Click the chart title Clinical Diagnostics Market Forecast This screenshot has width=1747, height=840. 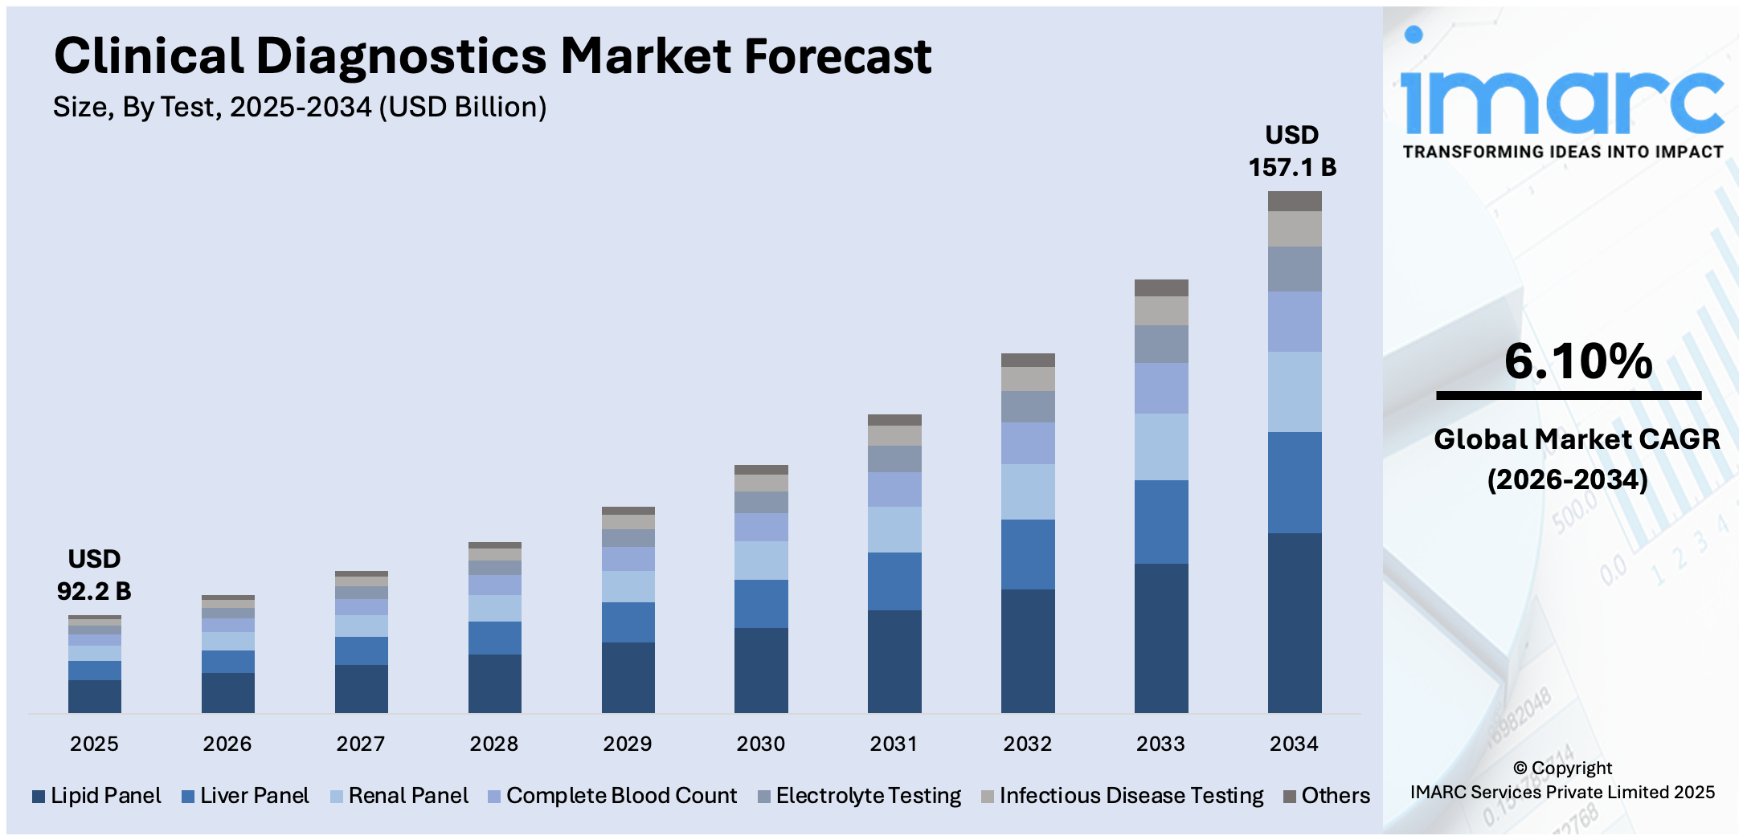point(492,56)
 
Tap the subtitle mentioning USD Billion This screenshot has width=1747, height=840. point(300,107)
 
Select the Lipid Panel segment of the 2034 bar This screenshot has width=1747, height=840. point(1294,622)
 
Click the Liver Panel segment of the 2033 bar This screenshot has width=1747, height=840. point(1160,522)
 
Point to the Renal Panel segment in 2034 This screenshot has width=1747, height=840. point(1294,392)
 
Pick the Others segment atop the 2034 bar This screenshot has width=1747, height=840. point(1294,201)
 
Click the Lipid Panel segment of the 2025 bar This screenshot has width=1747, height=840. point(94,696)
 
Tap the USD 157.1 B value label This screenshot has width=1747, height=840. point(1291,151)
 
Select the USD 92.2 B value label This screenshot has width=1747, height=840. point(94,575)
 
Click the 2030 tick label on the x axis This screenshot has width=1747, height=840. point(760,744)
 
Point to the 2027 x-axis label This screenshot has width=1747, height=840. point(360,744)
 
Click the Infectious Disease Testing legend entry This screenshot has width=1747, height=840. point(1123,796)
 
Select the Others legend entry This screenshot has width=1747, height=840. point(1327,796)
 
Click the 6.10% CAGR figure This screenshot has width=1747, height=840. point(1577,361)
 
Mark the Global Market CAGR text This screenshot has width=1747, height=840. point(1576,439)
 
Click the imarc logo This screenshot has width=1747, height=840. point(1561,96)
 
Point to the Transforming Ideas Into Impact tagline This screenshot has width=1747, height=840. point(1563,152)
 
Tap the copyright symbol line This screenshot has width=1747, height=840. point(1562,769)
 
